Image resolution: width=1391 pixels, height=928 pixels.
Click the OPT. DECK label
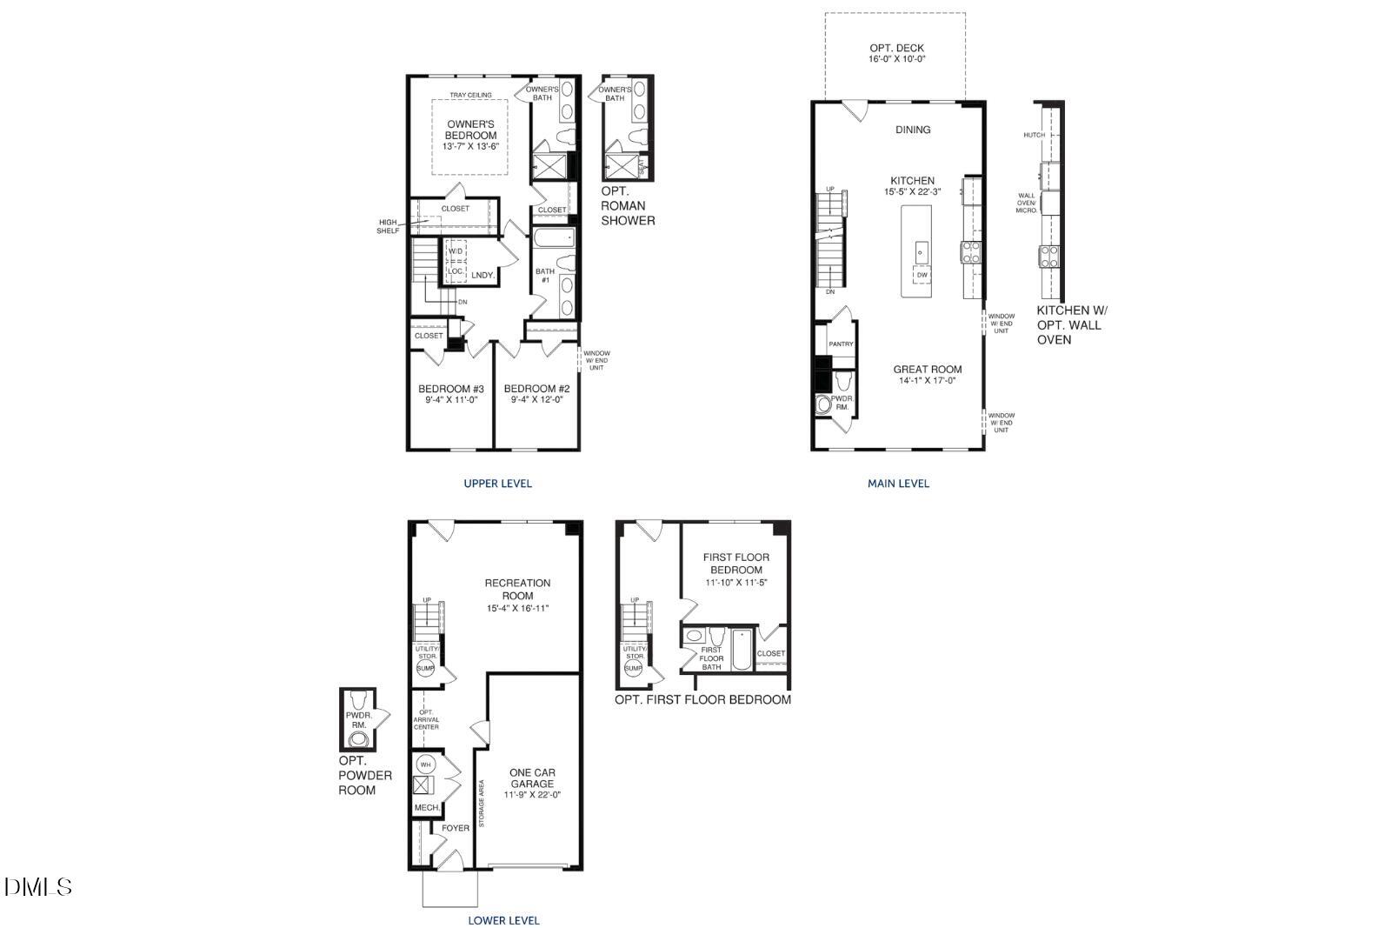(896, 49)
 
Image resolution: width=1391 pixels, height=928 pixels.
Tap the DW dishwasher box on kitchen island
(922, 275)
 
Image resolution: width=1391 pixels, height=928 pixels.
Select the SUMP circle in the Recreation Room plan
(425, 668)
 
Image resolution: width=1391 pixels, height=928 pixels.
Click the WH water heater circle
(425, 764)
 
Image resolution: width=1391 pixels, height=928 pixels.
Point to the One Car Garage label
(532, 778)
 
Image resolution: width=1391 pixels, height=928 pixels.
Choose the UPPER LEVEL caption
(497, 484)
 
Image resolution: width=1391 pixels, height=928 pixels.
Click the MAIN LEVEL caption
(898, 484)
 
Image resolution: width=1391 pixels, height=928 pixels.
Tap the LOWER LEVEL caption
(503, 920)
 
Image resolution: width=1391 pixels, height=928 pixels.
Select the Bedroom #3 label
(450, 389)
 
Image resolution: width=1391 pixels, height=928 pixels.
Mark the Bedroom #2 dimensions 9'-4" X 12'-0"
(536, 400)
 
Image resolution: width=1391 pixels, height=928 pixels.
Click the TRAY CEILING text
(470, 95)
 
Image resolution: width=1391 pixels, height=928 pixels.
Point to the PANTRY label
(841, 344)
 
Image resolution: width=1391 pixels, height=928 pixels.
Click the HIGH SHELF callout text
(388, 226)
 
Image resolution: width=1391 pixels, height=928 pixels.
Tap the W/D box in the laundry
(456, 251)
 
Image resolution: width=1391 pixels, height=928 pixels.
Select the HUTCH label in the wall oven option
(1034, 135)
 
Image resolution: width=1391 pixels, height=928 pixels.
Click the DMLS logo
(37, 887)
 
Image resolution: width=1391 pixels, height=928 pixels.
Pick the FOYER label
(456, 828)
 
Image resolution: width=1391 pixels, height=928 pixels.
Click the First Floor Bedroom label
(735, 564)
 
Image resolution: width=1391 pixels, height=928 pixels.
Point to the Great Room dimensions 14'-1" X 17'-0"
(928, 380)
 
